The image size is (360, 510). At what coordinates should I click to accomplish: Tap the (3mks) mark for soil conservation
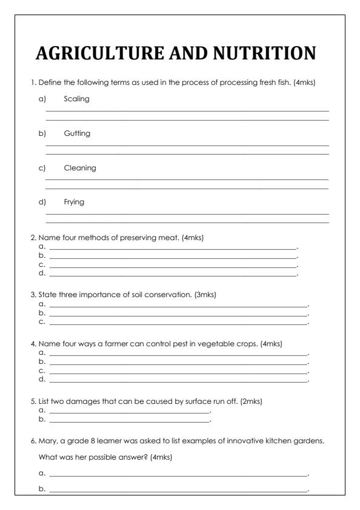click(x=204, y=295)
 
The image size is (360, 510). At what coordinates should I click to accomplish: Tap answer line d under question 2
click(x=173, y=275)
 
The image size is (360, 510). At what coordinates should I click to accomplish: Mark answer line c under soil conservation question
click(x=178, y=322)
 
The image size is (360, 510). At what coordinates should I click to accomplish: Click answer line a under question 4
click(x=178, y=352)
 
